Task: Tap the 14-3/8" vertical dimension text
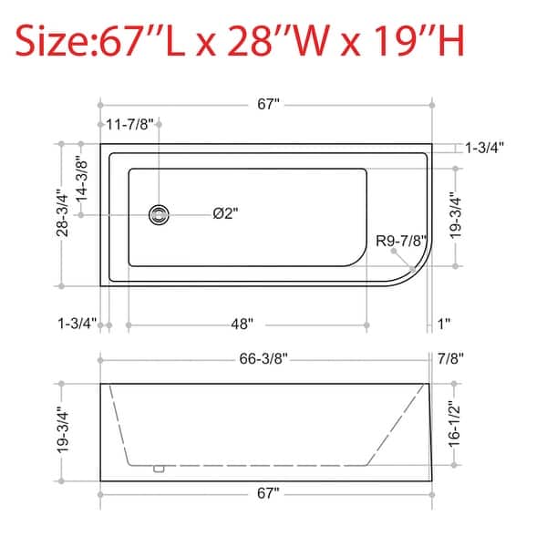83,180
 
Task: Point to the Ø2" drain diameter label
225,213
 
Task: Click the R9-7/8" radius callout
401,241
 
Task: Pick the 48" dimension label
242,324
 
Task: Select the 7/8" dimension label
451,358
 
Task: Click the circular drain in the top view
160,214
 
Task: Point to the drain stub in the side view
160,470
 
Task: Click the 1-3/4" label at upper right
484,147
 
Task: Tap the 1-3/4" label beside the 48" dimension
77,324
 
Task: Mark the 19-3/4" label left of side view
61,430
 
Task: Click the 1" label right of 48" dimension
445,324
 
